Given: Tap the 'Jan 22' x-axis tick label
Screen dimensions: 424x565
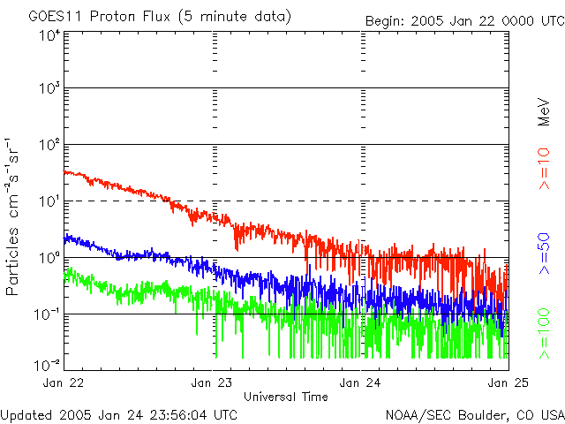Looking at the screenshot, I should [x=64, y=382].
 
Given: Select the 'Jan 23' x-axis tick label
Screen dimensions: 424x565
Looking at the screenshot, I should [x=212, y=382].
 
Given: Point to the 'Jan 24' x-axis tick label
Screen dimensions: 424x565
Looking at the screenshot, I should [x=360, y=382].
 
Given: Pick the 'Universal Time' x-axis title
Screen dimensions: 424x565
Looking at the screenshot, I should [x=286, y=397].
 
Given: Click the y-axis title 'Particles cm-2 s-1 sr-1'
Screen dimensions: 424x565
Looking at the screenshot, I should [x=15, y=216].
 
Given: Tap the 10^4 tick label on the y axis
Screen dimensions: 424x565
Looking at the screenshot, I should [x=49, y=35].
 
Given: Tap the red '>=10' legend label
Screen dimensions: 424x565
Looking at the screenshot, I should [x=545, y=169].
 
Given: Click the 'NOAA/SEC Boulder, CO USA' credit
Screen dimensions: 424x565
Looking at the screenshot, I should [x=475, y=414].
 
